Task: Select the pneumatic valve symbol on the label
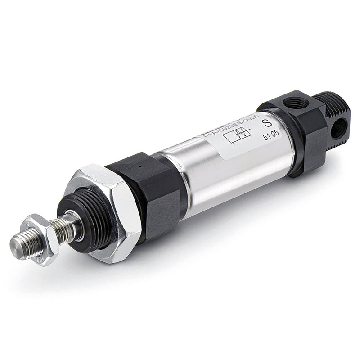[x=237, y=135]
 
